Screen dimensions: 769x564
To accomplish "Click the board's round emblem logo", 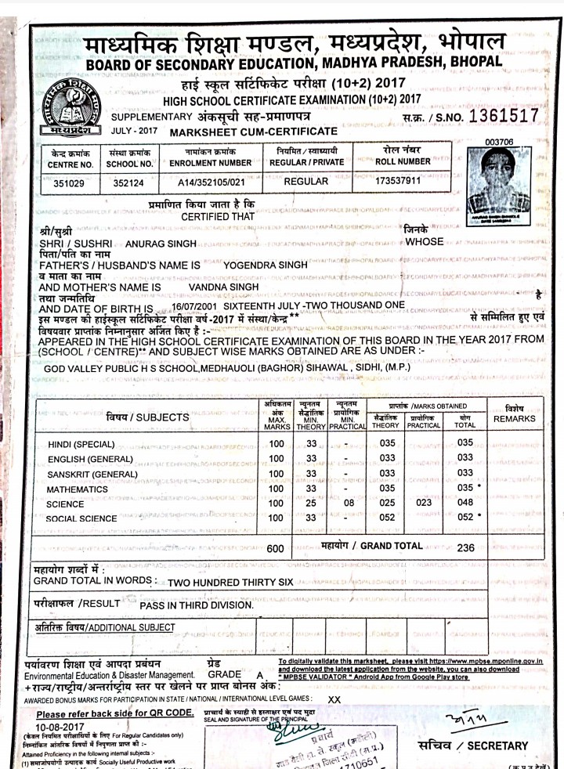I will point(78,107).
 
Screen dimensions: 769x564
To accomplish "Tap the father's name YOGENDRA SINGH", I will point(266,265).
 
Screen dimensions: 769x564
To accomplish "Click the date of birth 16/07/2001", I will point(193,305).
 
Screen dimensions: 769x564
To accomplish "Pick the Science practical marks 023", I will point(425,503).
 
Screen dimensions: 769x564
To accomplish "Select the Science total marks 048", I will point(465,504).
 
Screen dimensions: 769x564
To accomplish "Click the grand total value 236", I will point(465,548).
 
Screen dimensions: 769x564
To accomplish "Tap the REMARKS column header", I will point(514,418).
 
